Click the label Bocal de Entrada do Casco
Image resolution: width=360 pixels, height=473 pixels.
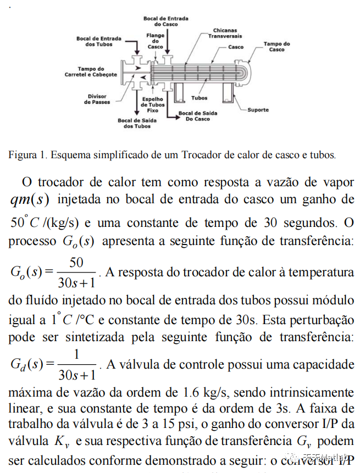(x=165, y=21)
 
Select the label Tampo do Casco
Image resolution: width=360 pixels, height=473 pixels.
(x=276, y=47)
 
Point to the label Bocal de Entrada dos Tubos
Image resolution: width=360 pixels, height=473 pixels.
(x=98, y=41)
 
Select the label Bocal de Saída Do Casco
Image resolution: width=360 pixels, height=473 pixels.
(x=197, y=116)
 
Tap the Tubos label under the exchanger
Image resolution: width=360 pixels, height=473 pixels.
(x=200, y=98)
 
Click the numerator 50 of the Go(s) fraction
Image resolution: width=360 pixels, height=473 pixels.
(x=76, y=263)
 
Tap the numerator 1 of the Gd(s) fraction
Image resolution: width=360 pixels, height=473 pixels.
(x=76, y=355)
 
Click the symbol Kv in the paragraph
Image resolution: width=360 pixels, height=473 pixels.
(x=60, y=441)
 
